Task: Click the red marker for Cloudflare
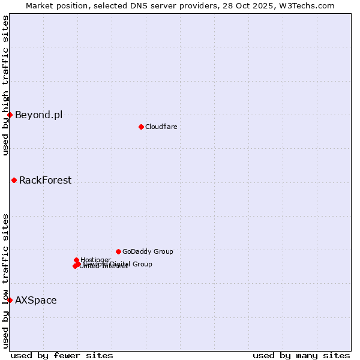[141, 127]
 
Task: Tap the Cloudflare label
[161, 127]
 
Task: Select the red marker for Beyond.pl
[10, 115]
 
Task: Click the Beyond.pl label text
[38, 115]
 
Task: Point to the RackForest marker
[14, 180]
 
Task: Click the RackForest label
[45, 181]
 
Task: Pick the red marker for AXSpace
[10, 300]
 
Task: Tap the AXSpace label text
[36, 301]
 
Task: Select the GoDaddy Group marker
[118, 251]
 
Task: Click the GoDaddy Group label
[148, 252]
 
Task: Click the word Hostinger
[95, 260]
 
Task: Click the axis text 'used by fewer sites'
[62, 355]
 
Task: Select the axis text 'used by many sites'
[301, 355]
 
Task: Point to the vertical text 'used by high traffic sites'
[5, 85]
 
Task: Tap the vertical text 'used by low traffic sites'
[5, 280]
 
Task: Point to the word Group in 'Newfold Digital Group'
[142, 264]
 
